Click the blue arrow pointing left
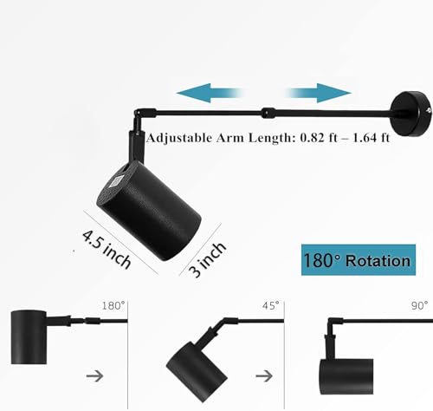click(x=210, y=93)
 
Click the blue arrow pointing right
click(x=318, y=93)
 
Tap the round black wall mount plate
click(x=411, y=114)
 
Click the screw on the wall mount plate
click(x=429, y=110)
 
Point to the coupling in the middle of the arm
click(x=268, y=113)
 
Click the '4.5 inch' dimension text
click(x=107, y=249)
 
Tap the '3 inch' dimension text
click(x=207, y=259)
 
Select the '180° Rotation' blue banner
click(x=359, y=260)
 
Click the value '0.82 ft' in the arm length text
click(x=319, y=138)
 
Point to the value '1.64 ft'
click(x=372, y=138)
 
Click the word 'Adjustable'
click(x=179, y=138)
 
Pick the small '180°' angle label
click(x=113, y=305)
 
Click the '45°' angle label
click(x=271, y=305)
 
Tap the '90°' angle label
click(x=419, y=305)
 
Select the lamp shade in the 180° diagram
click(x=29, y=337)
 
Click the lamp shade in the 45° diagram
click(x=197, y=370)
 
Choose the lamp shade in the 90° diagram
click(x=346, y=376)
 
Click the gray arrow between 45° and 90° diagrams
click(x=264, y=376)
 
